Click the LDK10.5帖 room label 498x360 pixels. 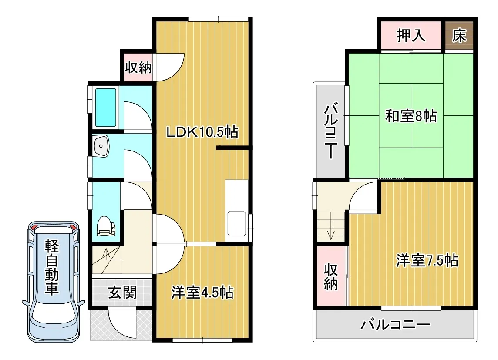pos(202,132)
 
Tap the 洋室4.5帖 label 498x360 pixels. pos(202,293)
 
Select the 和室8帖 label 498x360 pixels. pos(411,116)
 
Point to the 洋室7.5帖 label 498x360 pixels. pos(427,260)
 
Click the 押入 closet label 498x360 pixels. pos(411,35)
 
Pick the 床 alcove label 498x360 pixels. pos(459,36)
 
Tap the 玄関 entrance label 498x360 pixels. pos(122,293)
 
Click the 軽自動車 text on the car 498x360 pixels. pos(52,267)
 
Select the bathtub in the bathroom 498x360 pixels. pos(106,107)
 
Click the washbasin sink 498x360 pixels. pos(101,146)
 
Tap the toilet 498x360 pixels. pos(106,226)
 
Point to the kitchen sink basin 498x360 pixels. pos(237,223)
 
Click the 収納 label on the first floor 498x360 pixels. pos(138,67)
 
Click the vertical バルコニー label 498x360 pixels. pos(331,130)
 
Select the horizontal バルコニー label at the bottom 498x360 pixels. pos(395,324)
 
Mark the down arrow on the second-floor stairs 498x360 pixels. pos(331,226)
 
